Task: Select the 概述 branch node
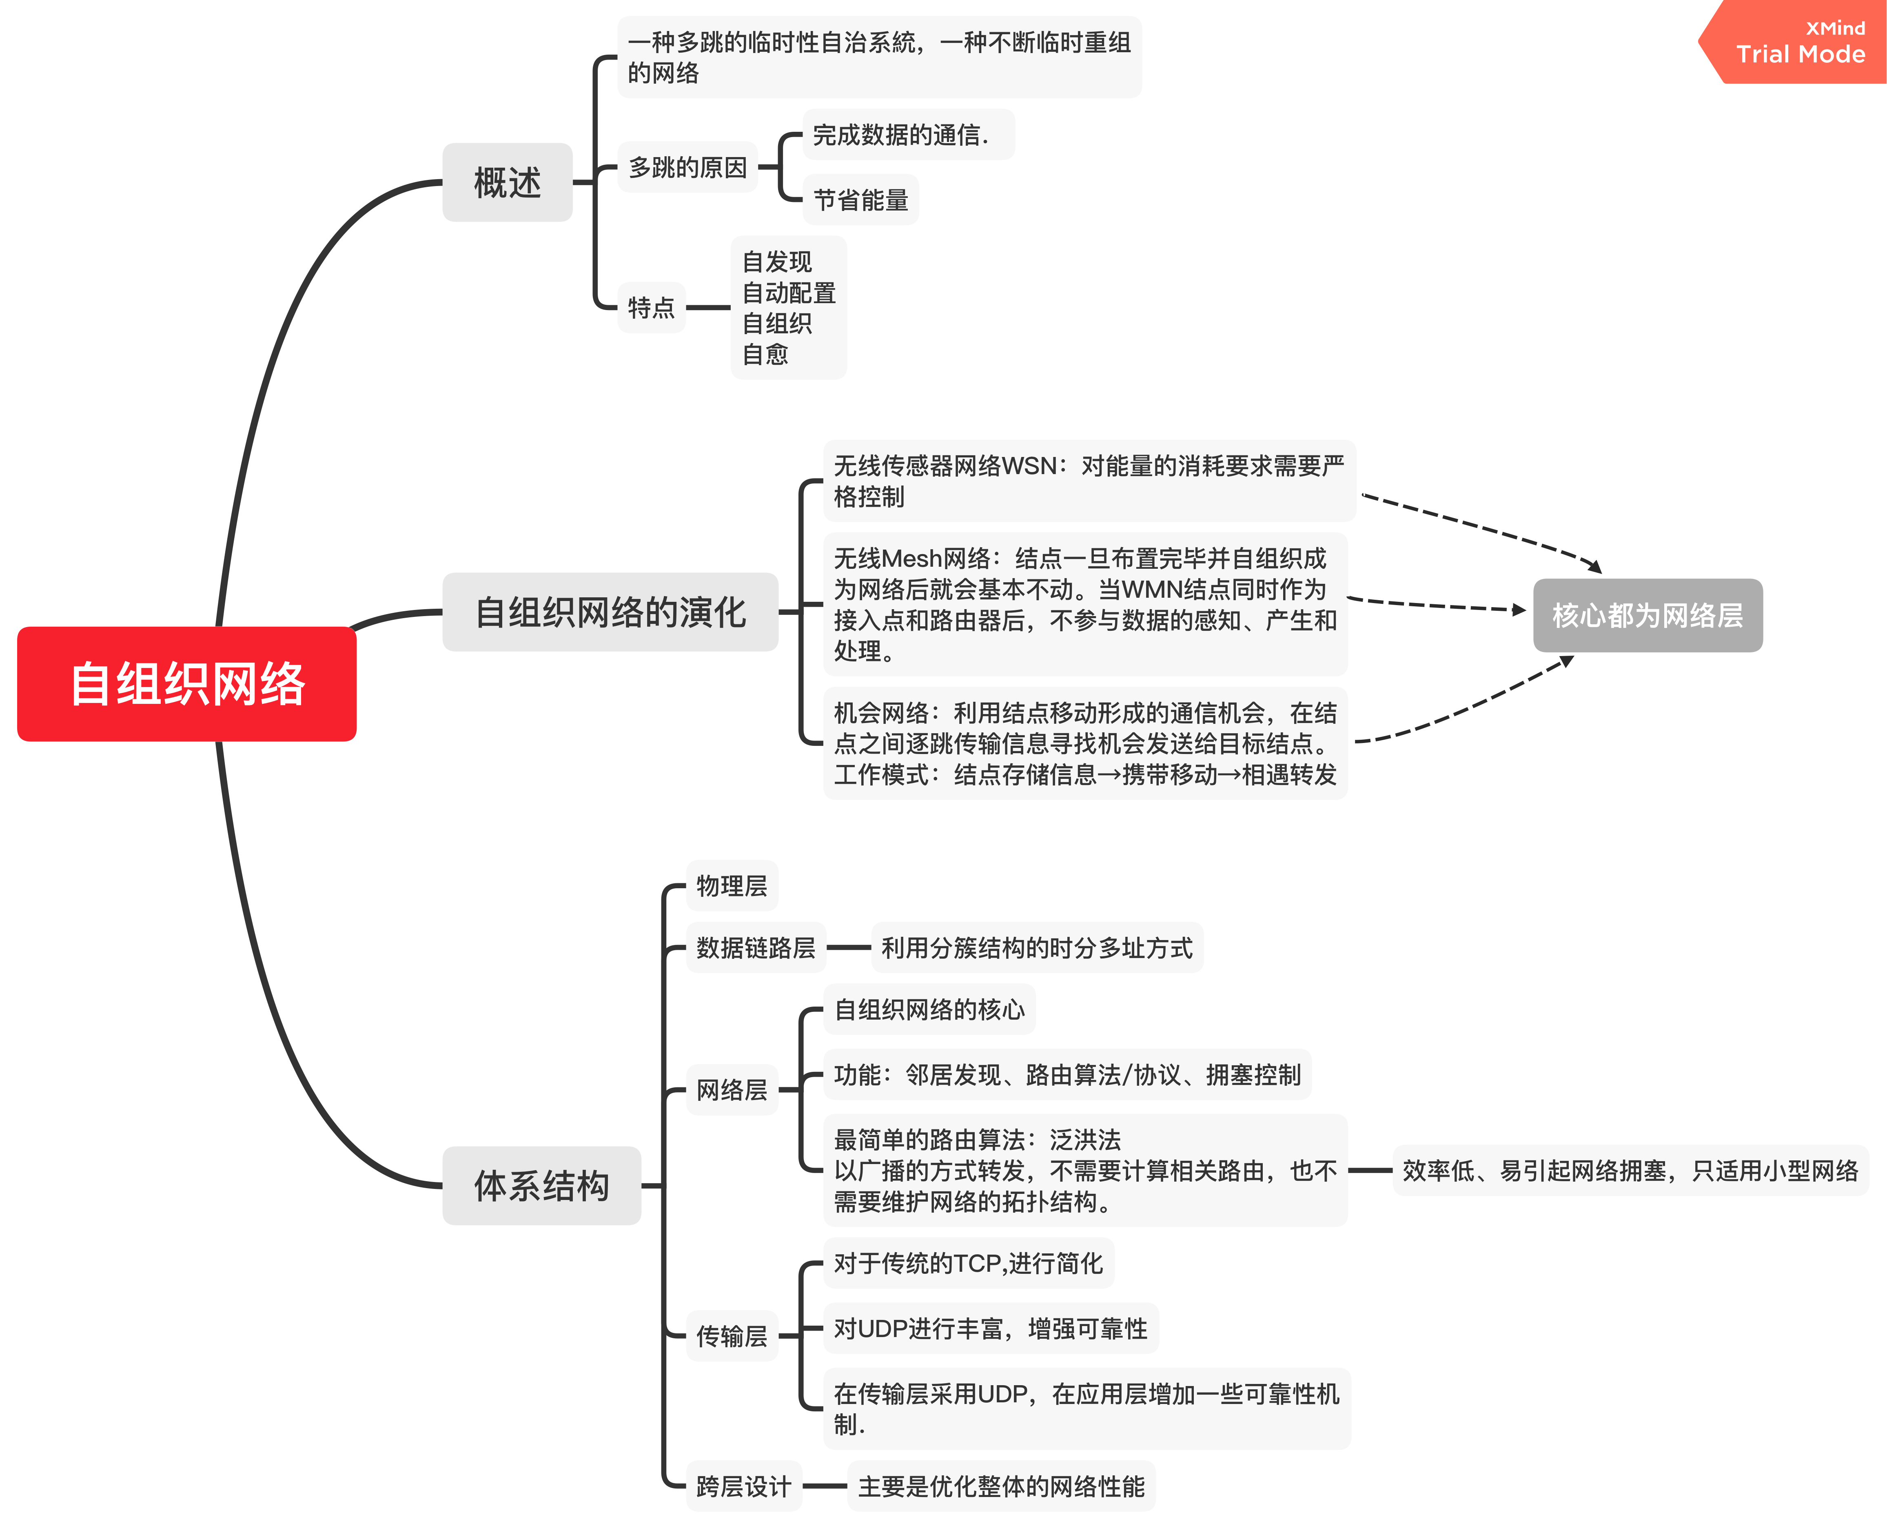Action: pos(507,182)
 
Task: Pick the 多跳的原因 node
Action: pos(687,167)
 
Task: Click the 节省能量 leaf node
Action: pos(860,200)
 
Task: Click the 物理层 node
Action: pos(732,885)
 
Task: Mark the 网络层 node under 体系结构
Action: pos(732,1090)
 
